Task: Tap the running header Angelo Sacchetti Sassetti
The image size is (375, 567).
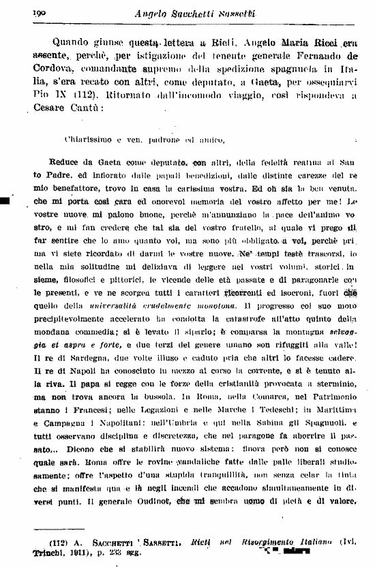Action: tap(204, 13)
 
